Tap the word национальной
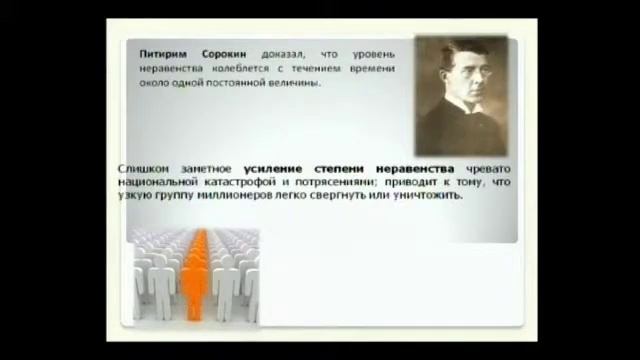(x=158, y=183)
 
